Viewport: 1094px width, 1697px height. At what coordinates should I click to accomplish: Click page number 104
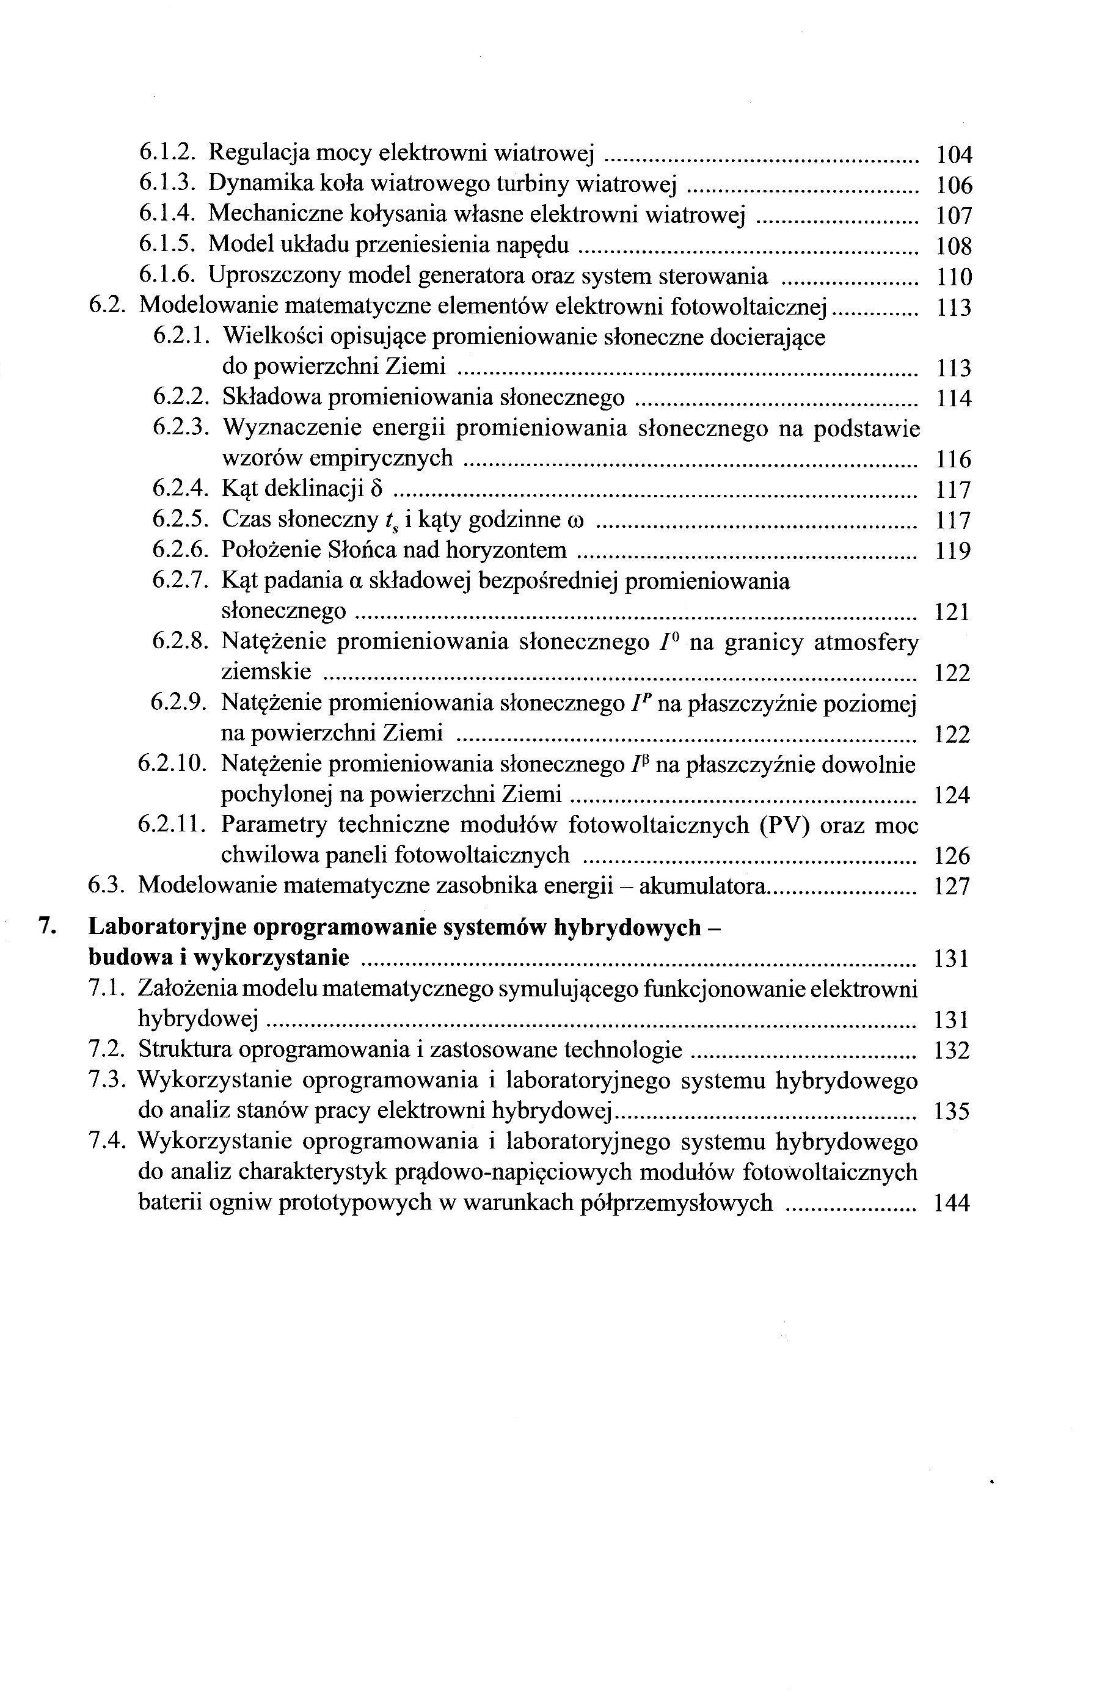click(x=954, y=154)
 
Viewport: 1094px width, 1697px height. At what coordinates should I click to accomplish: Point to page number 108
click(x=954, y=246)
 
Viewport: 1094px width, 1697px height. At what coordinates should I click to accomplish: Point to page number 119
click(x=953, y=551)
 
